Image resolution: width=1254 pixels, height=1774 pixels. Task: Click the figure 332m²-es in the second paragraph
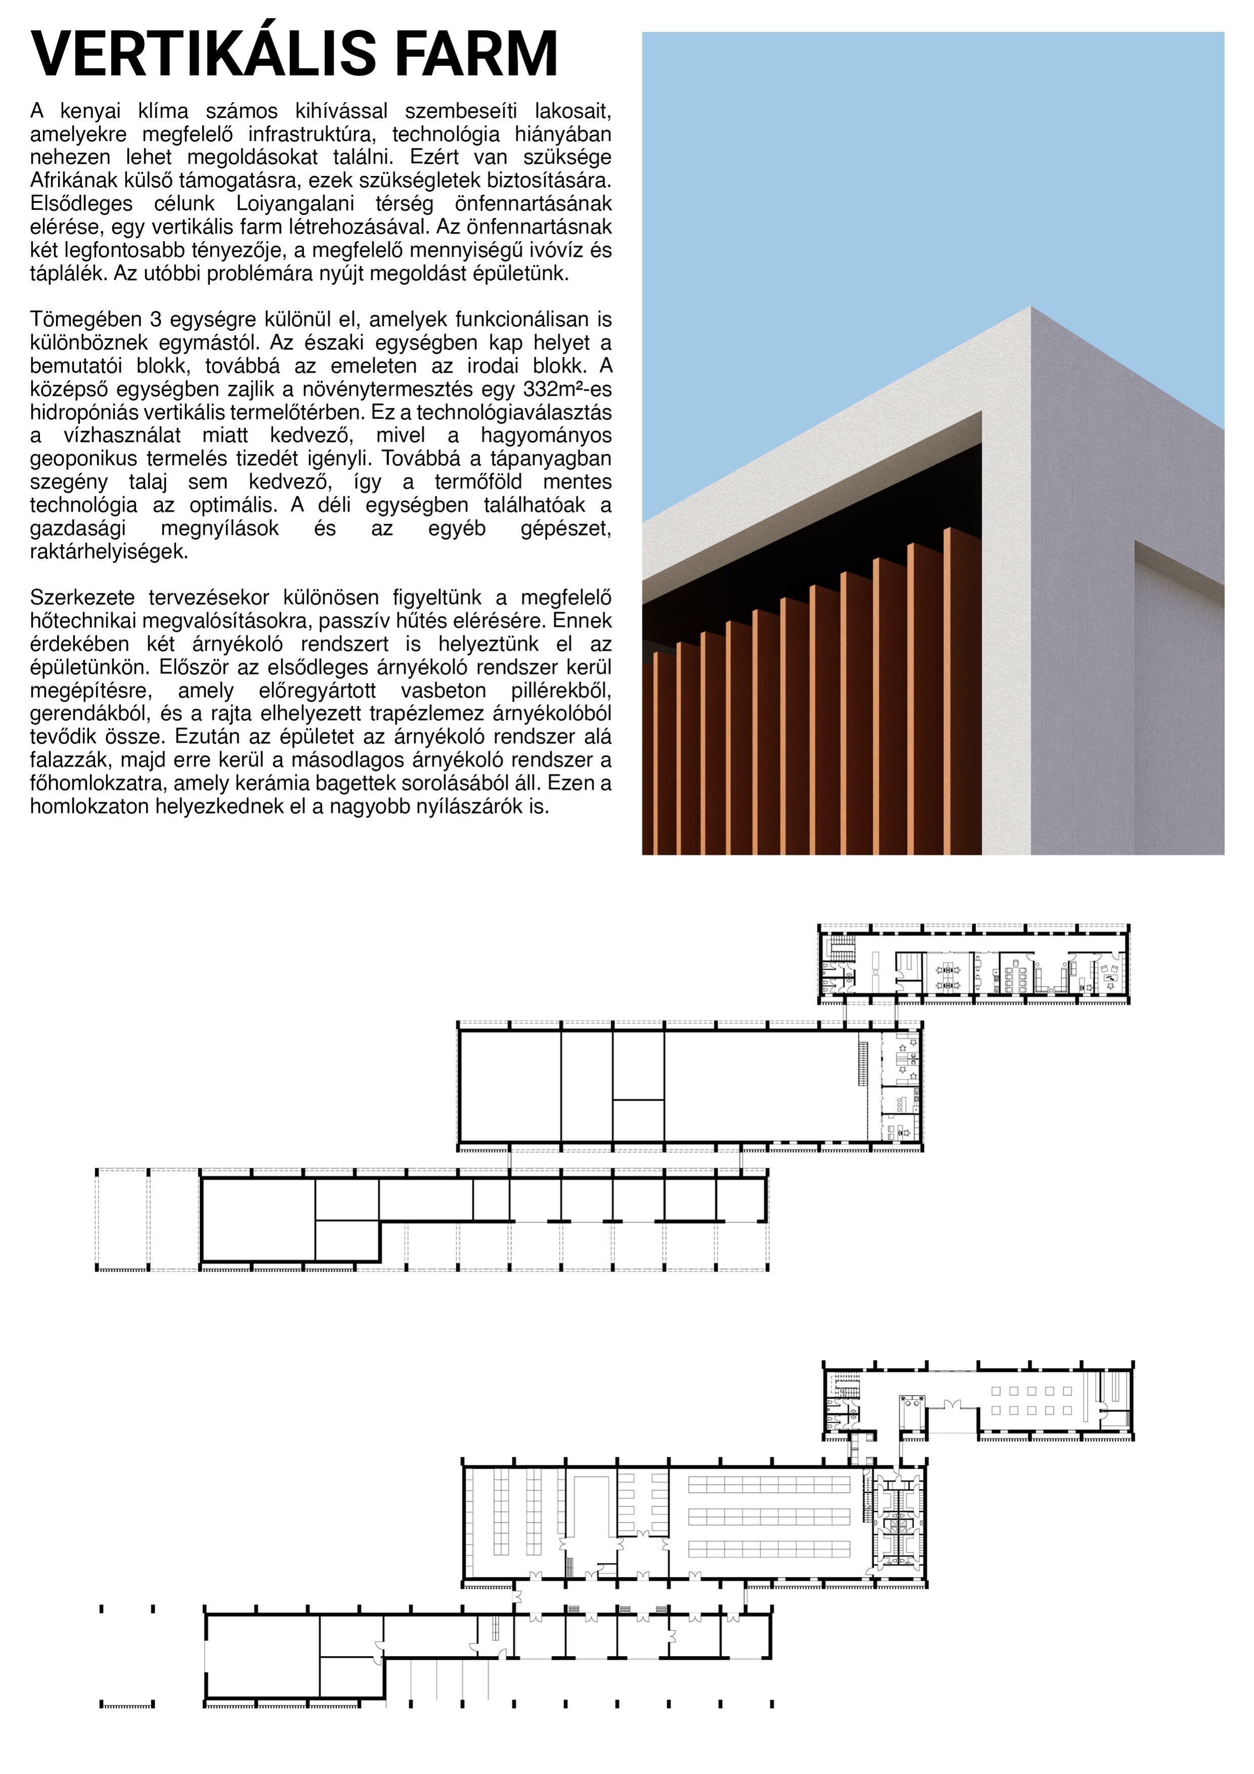pyautogui.click(x=567, y=390)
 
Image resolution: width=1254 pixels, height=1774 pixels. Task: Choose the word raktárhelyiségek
pyautogui.click(x=109, y=552)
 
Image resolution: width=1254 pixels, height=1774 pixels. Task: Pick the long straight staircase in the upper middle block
pyautogui.click(x=862, y=1062)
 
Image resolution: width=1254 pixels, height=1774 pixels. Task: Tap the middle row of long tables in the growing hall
pyautogui.click(x=769, y=1516)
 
